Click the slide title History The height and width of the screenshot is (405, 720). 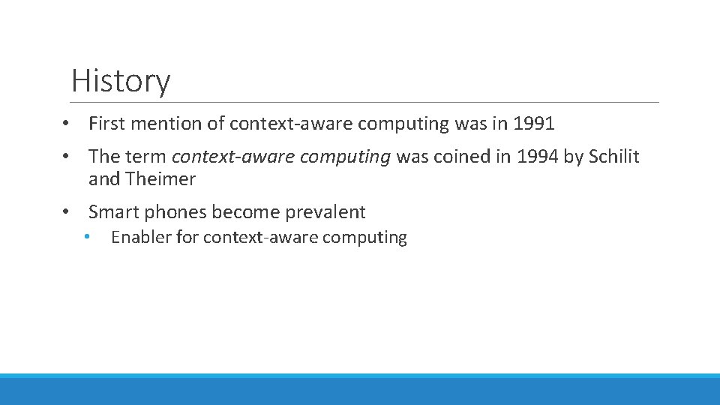[x=121, y=81]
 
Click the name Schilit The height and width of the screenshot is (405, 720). [x=614, y=157]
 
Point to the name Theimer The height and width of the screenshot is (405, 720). [x=160, y=179]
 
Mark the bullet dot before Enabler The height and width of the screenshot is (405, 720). [x=88, y=237]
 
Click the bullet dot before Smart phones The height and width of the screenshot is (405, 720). [x=67, y=212]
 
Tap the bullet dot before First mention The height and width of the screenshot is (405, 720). [x=67, y=124]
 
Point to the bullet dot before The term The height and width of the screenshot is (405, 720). [x=67, y=157]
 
